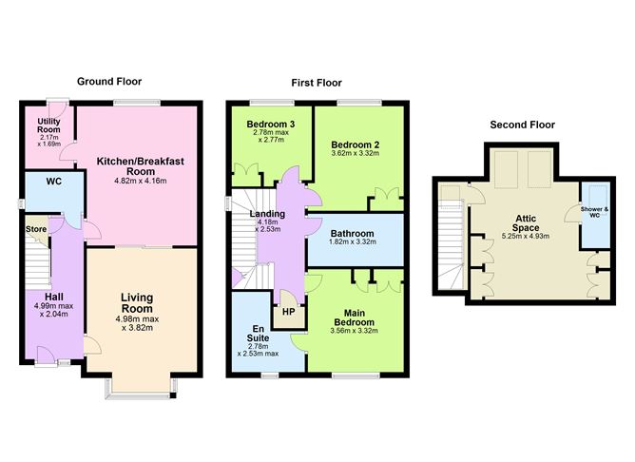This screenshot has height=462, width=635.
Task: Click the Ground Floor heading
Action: point(109,82)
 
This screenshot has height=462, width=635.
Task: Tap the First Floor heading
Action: point(317,83)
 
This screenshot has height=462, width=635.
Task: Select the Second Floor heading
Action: point(523,125)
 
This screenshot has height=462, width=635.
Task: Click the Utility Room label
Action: point(49,125)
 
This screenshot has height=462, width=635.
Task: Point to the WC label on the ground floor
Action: point(54,182)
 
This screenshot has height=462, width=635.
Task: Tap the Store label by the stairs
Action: point(36,229)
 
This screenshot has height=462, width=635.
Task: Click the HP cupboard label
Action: point(288,312)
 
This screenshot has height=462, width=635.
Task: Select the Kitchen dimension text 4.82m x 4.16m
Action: point(141,181)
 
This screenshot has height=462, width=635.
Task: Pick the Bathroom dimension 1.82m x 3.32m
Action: point(353,242)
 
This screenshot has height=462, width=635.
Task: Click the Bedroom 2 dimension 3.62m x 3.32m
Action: point(356,153)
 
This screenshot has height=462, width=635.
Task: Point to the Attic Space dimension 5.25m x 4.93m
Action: point(526,236)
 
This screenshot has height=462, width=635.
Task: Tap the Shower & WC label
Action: point(594,212)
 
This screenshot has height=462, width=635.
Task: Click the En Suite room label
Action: point(258,334)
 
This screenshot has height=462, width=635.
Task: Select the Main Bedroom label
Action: point(354,318)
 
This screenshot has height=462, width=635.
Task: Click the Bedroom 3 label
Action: point(271,125)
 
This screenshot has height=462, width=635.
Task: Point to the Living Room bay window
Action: point(141,390)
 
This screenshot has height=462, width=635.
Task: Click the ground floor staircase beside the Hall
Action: point(38,260)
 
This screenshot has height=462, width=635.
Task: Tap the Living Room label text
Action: point(137,303)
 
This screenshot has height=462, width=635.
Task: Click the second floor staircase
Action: point(451,244)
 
